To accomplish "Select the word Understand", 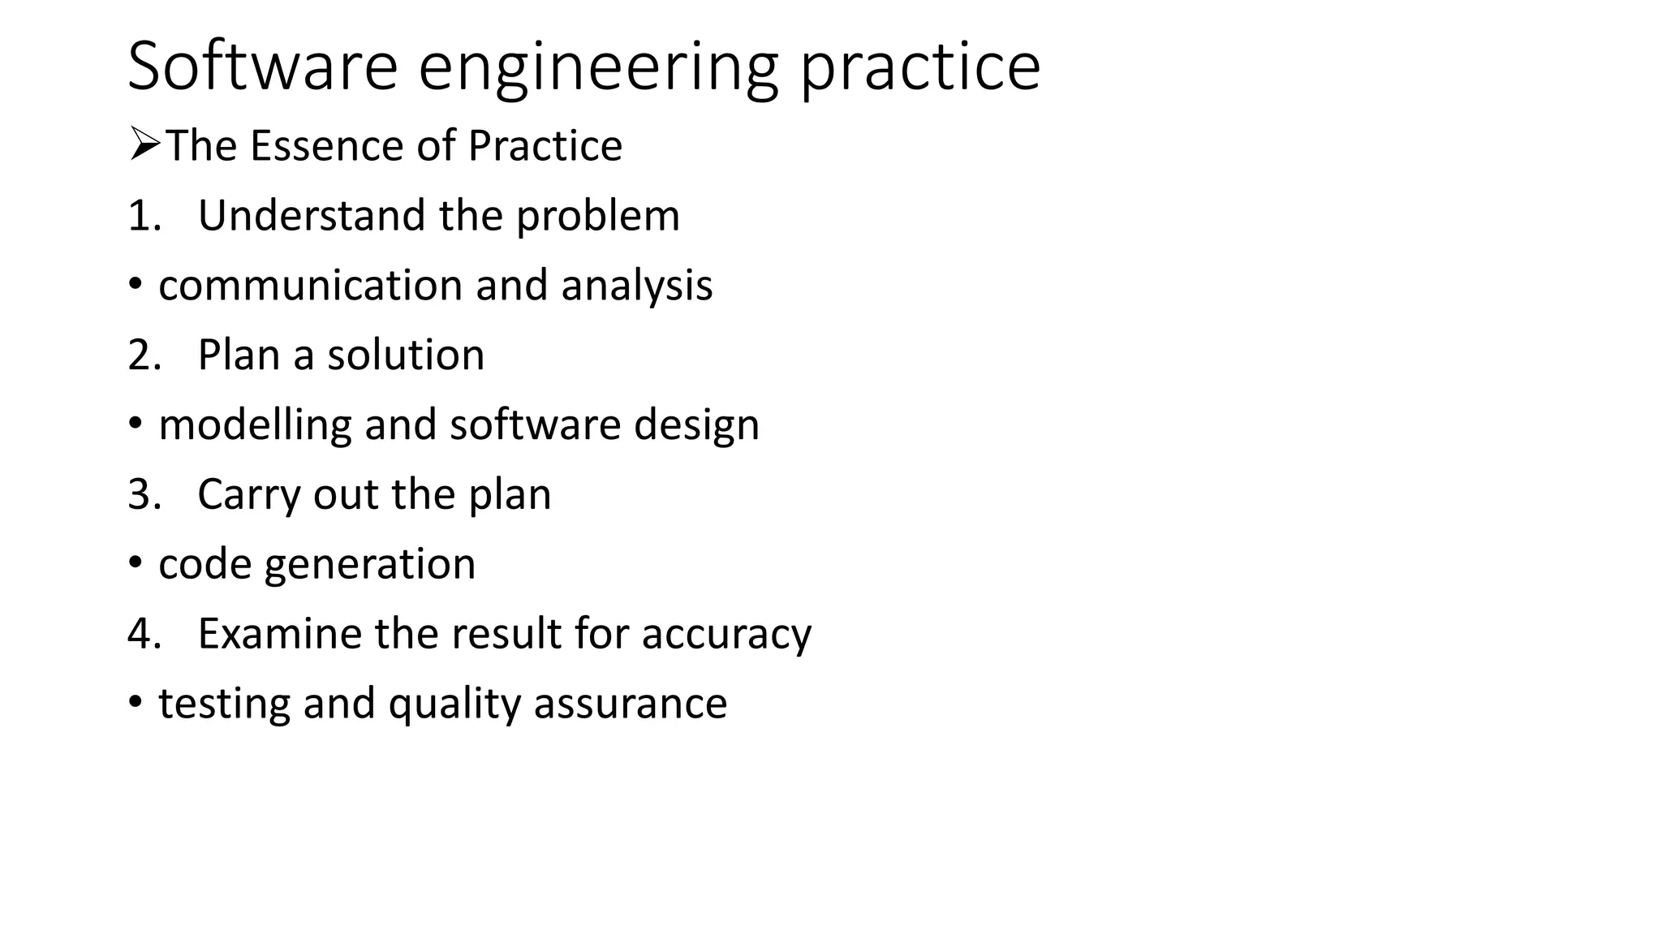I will click(312, 216).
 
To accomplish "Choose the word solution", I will click(406, 355).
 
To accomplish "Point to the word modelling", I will click(256, 426).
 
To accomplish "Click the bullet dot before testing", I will click(136, 701).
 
